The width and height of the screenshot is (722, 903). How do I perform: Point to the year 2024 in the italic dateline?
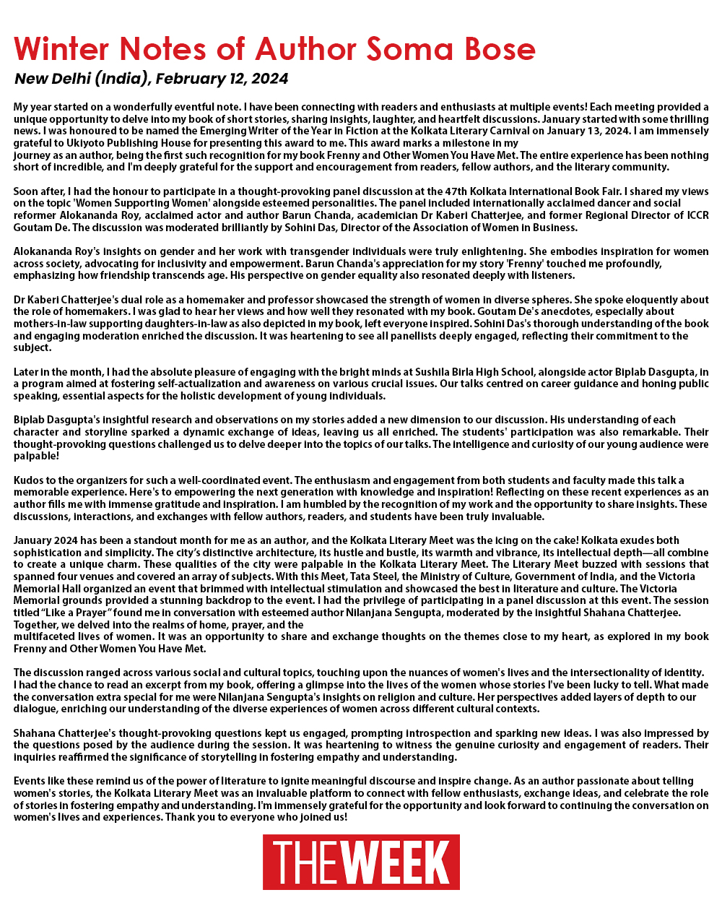coord(270,79)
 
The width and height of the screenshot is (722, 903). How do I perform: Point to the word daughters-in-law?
coord(169,324)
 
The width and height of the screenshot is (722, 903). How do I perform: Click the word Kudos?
coord(29,480)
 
